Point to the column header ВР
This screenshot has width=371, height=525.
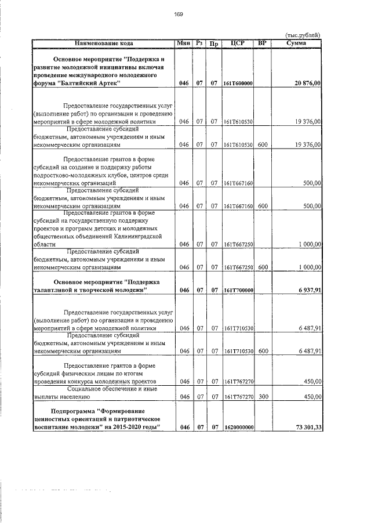[x=262, y=43]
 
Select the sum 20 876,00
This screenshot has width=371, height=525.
[x=308, y=84]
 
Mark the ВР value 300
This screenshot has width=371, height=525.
[x=262, y=397]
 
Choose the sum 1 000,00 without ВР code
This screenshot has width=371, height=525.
[x=310, y=245]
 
